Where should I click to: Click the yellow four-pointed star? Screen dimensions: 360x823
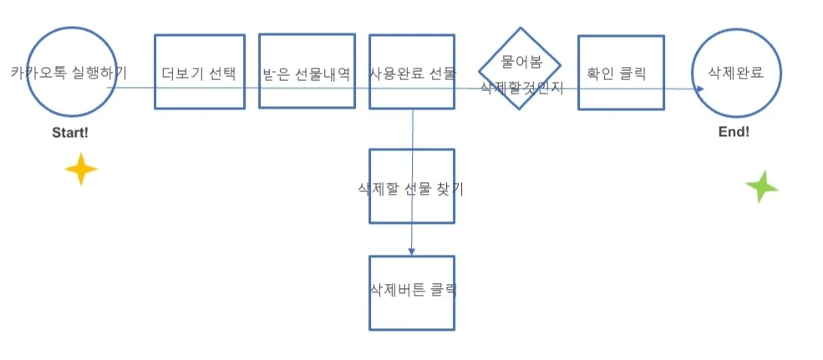(81, 169)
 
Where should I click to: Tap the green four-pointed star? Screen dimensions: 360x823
(761, 186)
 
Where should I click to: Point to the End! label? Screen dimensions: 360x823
(734, 132)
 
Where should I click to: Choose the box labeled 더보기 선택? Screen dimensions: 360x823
(199, 73)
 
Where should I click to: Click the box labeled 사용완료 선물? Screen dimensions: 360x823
(412, 73)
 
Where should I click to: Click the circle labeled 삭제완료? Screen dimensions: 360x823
(737, 73)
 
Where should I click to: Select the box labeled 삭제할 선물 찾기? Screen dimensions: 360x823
(412, 188)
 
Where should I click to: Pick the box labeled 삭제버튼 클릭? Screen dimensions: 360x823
(412, 292)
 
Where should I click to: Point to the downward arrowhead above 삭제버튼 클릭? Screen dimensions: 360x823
(412, 251)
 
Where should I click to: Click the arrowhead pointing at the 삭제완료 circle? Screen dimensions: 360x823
(689, 86)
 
